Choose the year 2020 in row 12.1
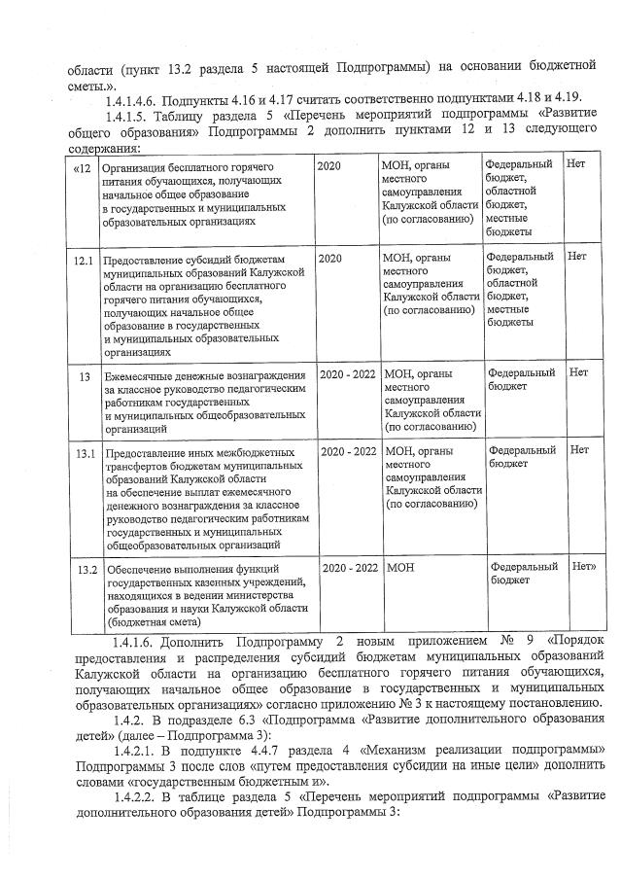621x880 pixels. (330, 259)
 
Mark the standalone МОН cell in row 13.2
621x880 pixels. (399, 567)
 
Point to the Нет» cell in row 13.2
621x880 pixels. (583, 566)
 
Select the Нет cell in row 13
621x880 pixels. (578, 372)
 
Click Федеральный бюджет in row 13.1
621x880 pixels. (522, 457)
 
